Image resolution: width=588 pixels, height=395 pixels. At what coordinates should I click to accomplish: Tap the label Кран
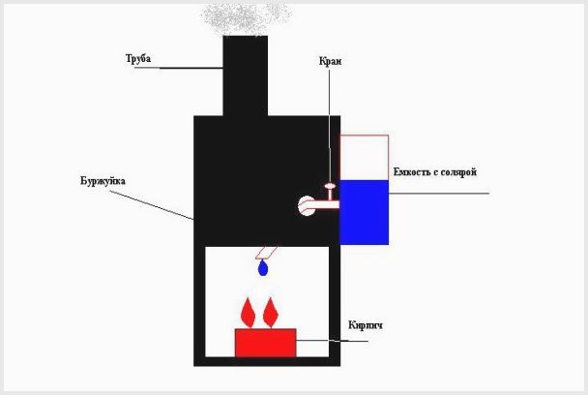point(330,62)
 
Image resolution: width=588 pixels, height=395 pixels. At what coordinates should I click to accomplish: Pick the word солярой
point(460,172)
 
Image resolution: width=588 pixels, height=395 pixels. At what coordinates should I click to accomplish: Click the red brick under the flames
point(266,342)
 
